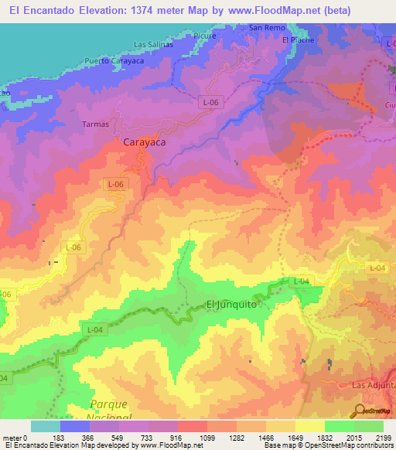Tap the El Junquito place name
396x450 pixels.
[231, 305]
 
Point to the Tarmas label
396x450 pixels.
[94, 124]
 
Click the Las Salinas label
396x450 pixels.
[152, 44]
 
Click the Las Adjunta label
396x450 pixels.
[373, 384]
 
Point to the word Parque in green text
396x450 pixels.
[108, 404]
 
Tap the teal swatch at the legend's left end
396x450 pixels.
[46, 426]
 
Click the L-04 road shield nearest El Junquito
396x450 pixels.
[301, 282]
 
